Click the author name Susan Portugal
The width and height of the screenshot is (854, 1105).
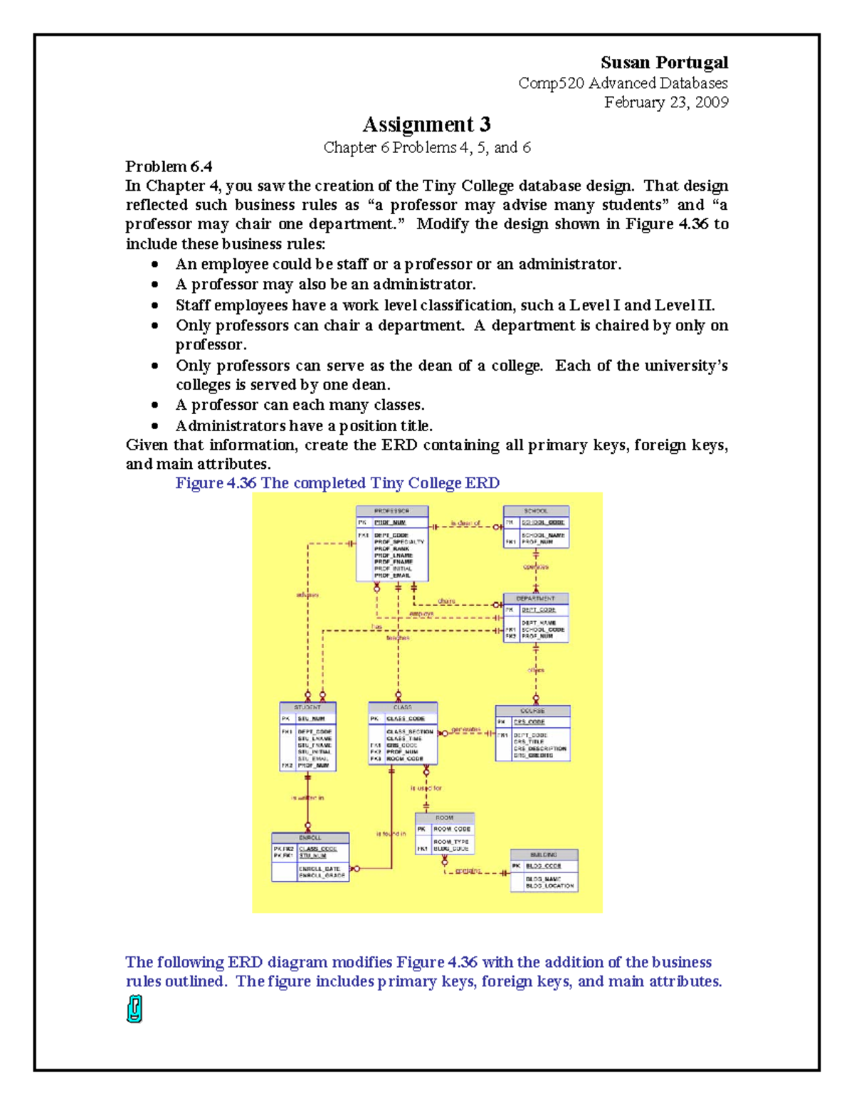(663, 63)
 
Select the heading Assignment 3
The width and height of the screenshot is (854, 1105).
(426, 125)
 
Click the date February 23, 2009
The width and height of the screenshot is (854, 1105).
(665, 102)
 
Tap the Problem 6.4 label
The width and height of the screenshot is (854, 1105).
(169, 166)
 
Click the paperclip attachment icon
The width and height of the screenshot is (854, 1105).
(135, 1009)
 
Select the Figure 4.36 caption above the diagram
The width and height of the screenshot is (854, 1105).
(337, 483)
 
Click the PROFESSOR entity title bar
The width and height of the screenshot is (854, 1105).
(392, 511)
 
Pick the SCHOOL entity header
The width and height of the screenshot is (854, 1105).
(536, 511)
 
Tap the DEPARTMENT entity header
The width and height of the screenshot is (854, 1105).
(535, 598)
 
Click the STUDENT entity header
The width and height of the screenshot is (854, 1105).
(307, 707)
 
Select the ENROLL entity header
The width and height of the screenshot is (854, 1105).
(310, 837)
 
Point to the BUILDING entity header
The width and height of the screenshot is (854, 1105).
(544, 855)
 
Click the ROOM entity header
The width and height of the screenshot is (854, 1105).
(444, 818)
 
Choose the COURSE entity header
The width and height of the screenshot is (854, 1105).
(532, 711)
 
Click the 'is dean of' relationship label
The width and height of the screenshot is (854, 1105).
(465, 523)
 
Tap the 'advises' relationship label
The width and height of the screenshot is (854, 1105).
(307, 594)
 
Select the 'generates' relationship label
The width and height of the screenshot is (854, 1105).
(466, 729)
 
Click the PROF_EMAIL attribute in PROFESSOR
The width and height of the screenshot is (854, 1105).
(392, 576)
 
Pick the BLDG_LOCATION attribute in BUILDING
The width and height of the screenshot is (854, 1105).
(549, 886)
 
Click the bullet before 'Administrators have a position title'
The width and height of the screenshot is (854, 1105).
(154, 426)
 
